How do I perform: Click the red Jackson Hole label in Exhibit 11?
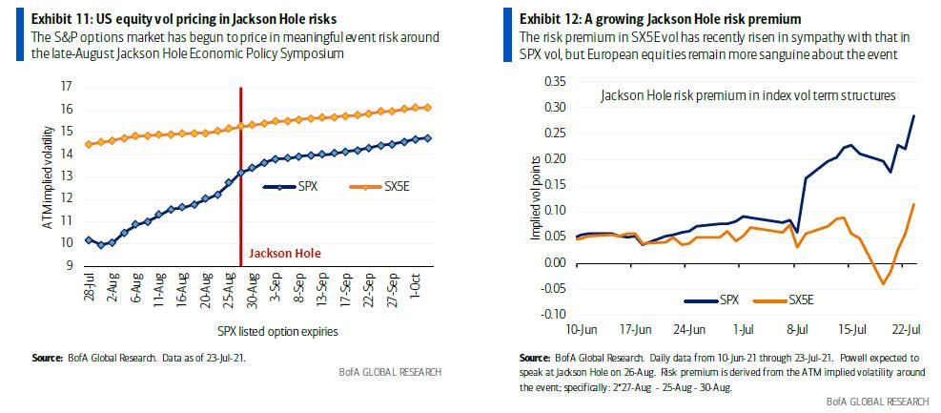pos(284,254)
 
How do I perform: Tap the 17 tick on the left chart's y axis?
pos(67,87)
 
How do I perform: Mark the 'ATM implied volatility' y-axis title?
pos(46,176)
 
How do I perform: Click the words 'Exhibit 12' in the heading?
pos(547,18)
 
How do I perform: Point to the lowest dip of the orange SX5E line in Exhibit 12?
pos(883,283)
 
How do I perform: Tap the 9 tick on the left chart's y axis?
pos(70,264)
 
